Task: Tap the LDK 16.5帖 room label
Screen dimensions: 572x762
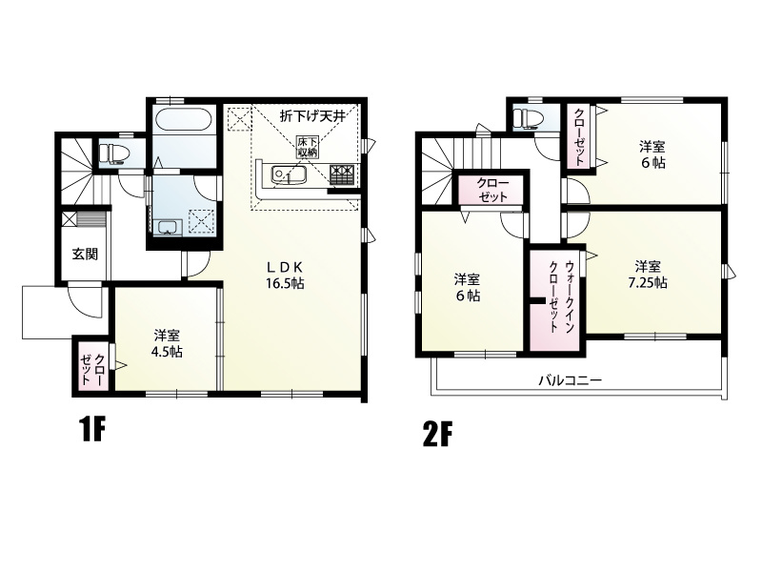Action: pyautogui.click(x=285, y=276)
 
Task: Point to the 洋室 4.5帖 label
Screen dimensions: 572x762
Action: pyautogui.click(x=167, y=342)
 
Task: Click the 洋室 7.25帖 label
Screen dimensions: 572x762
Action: pyautogui.click(x=648, y=275)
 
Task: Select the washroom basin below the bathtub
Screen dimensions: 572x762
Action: pyautogui.click(x=168, y=227)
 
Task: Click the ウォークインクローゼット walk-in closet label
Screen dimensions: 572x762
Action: pyautogui.click(x=556, y=296)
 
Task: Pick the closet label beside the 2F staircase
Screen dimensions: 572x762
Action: pyautogui.click(x=487, y=188)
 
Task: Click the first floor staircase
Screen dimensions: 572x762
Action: pyautogui.click(x=76, y=168)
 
